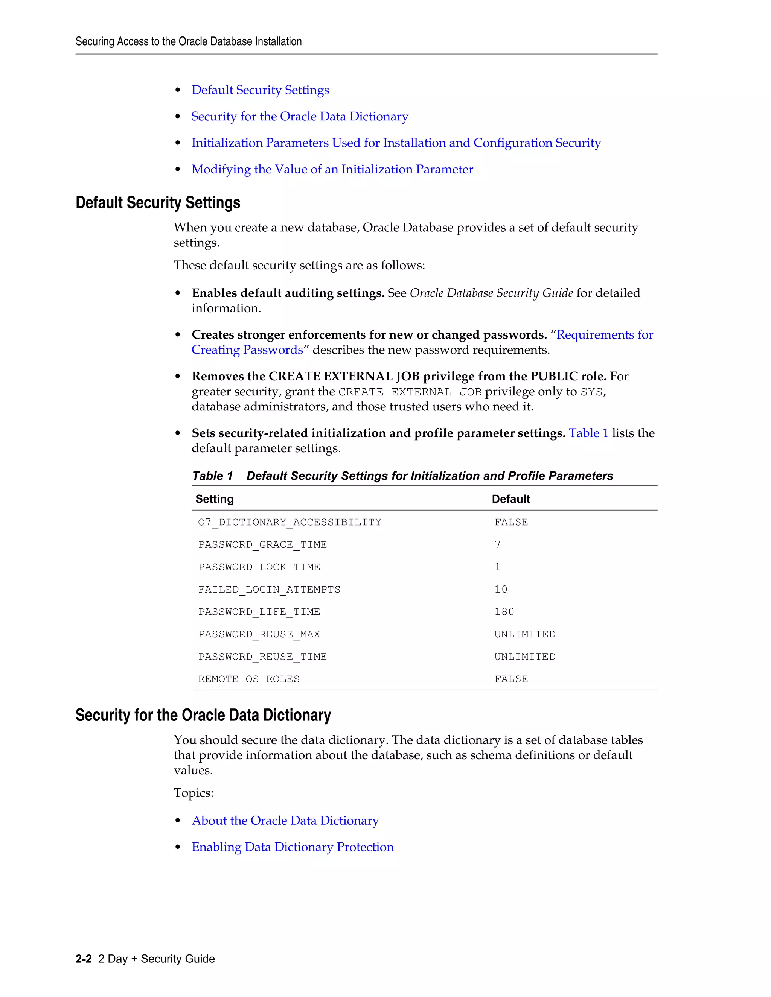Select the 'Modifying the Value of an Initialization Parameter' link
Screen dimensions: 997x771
(x=332, y=169)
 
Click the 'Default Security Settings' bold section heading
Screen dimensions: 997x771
(x=158, y=203)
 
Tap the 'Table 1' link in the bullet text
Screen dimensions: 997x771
(x=588, y=433)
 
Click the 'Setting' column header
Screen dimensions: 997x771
(x=214, y=499)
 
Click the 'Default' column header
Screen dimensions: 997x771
(x=510, y=499)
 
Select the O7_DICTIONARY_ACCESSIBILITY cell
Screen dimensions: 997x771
(x=290, y=522)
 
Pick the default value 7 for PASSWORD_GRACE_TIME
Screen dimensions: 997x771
(x=497, y=545)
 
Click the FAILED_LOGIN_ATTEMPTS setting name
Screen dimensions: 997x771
(x=269, y=589)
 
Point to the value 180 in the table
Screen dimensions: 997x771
(x=504, y=612)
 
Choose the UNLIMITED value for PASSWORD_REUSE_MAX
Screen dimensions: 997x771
(x=525, y=634)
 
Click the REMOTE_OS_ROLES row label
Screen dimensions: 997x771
(x=248, y=679)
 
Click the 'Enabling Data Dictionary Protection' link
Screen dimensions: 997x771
(x=292, y=847)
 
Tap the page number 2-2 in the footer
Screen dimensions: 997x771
(x=84, y=959)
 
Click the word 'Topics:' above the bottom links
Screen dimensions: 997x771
(x=193, y=793)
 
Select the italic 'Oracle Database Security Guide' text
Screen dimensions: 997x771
(x=491, y=293)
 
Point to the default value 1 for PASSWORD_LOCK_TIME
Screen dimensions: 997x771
(x=497, y=567)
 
